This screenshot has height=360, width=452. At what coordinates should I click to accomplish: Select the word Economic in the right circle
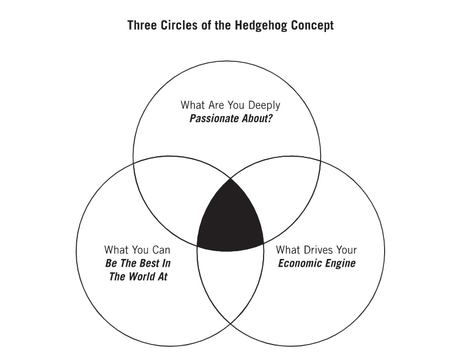300,263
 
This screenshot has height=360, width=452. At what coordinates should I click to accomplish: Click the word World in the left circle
141,277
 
